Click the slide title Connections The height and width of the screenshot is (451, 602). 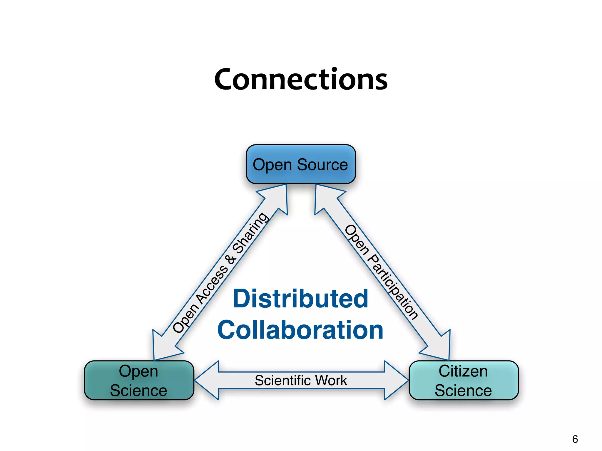click(301, 79)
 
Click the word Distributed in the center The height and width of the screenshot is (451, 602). click(300, 299)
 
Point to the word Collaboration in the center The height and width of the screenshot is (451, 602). click(300, 330)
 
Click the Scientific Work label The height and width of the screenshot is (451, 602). click(301, 381)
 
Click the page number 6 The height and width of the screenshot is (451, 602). click(575, 439)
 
